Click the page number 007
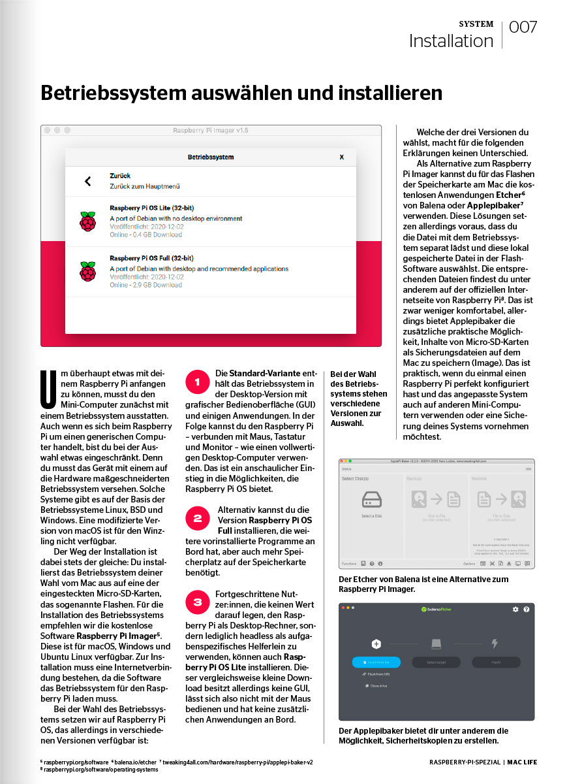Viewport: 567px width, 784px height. pyautogui.click(x=523, y=27)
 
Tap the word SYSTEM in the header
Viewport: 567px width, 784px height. pyautogui.click(x=476, y=24)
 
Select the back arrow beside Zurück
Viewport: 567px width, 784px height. pyautogui.click(x=88, y=182)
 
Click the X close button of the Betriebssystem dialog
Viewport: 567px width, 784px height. pyautogui.click(x=341, y=157)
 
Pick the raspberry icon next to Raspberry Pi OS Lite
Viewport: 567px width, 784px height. pyautogui.click(x=87, y=221)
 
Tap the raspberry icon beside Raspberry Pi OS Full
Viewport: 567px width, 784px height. pyautogui.click(x=87, y=271)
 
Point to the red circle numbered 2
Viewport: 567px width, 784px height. pyautogui.click(x=196, y=519)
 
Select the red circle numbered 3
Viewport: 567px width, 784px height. pyautogui.click(x=196, y=601)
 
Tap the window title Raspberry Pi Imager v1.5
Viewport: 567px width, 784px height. pyautogui.click(x=211, y=131)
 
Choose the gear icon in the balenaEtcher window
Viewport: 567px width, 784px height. pyautogui.click(x=515, y=609)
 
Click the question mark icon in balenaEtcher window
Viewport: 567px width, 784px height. pyautogui.click(x=527, y=609)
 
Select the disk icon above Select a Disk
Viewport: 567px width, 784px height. pyautogui.click(x=371, y=500)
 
